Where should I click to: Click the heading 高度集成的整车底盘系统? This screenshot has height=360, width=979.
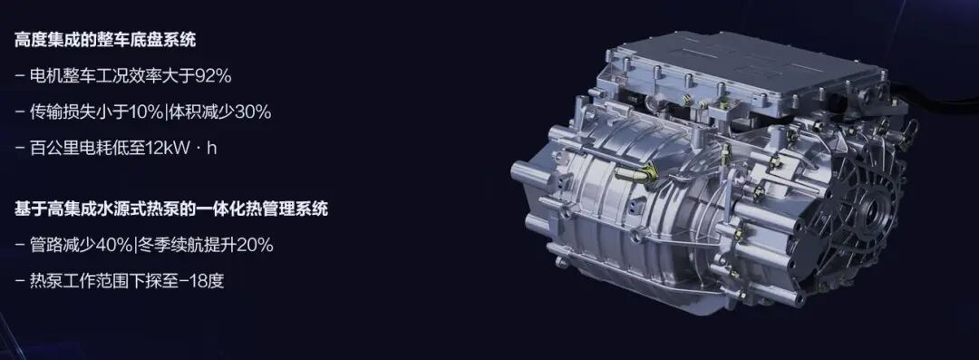[x=105, y=40]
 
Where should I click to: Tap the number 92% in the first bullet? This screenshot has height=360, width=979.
[x=213, y=76]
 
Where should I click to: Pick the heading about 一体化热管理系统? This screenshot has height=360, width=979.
[x=171, y=209]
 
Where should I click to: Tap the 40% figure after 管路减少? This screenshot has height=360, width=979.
[x=113, y=245]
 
